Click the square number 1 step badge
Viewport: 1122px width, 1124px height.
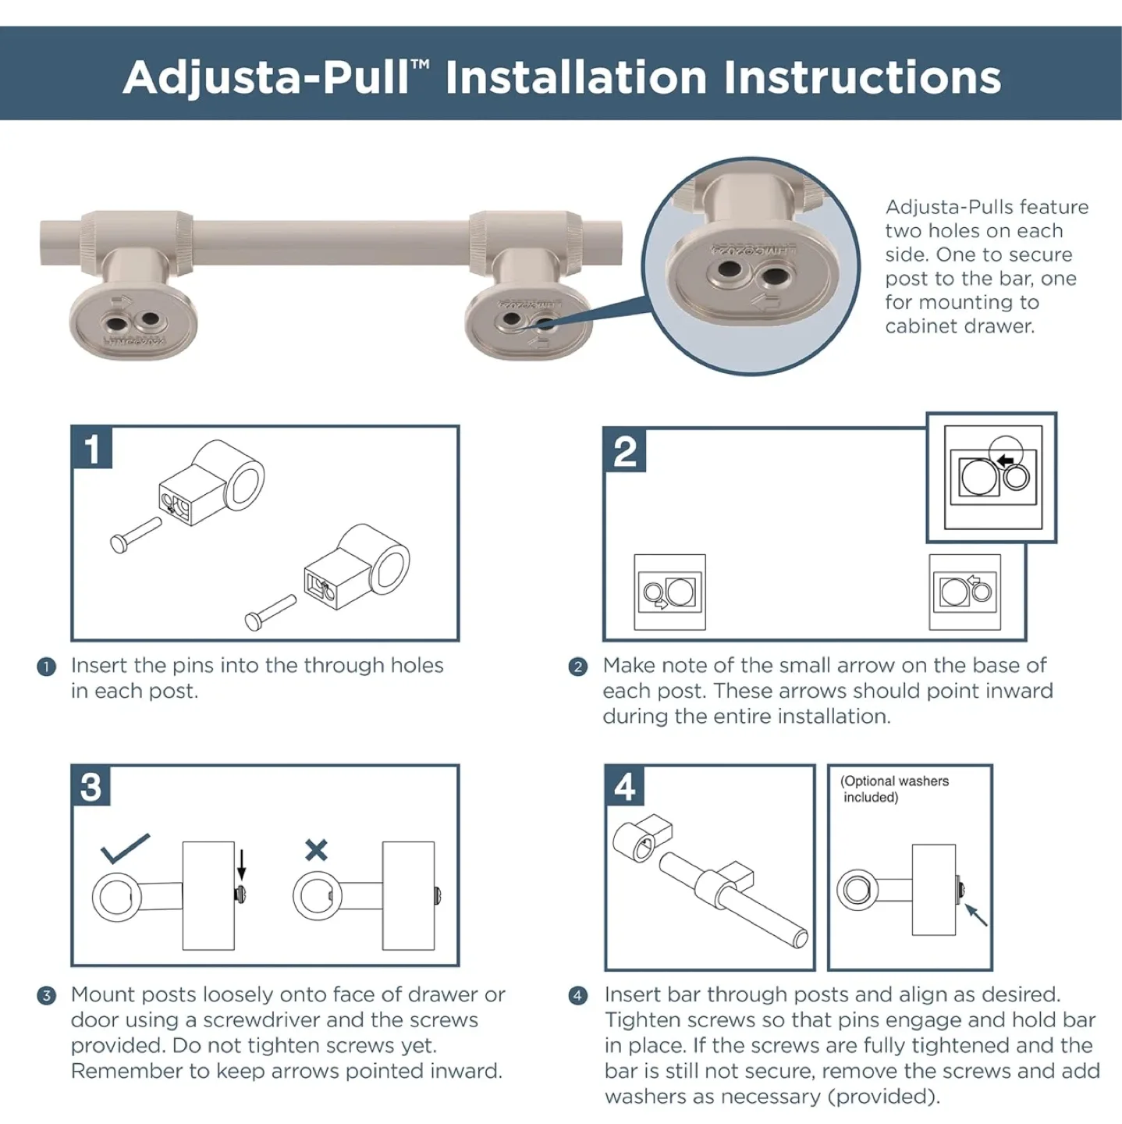coord(92,448)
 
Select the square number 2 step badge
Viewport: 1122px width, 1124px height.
coord(625,450)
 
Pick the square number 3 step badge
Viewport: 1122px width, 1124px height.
coord(91,787)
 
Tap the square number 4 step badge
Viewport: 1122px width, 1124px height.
coord(625,787)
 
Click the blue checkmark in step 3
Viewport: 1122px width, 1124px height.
coord(124,848)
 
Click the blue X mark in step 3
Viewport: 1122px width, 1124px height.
coord(316,849)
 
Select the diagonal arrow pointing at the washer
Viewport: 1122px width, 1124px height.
coord(976,914)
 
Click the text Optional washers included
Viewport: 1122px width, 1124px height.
coord(894,789)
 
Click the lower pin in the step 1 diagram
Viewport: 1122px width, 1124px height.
coord(270,612)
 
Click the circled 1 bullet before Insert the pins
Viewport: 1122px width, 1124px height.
coord(46,667)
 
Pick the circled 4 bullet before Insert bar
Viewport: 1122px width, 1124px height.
coord(577,995)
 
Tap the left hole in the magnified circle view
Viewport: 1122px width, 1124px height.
coord(730,270)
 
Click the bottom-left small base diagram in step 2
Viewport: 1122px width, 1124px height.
coord(669,592)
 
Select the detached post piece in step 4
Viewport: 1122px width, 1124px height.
coord(641,837)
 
